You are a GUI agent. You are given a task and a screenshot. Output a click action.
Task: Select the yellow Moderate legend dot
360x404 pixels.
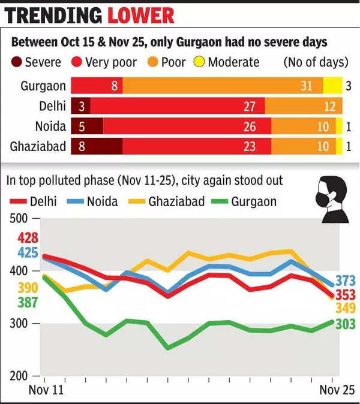199,62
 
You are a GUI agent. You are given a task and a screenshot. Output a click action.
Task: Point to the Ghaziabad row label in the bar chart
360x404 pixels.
37,146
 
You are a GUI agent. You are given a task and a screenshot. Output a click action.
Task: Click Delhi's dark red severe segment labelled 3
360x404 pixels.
80,106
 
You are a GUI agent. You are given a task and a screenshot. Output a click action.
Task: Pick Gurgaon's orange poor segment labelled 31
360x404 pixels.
223,86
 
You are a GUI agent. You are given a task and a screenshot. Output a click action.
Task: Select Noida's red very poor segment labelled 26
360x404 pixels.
187,126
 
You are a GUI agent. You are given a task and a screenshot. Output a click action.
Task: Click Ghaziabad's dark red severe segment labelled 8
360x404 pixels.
97,146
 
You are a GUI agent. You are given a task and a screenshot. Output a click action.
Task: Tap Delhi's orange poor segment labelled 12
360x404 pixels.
303,106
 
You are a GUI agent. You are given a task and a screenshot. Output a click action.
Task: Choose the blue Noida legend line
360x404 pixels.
79,201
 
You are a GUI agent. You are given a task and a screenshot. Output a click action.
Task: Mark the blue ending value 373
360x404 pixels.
346,280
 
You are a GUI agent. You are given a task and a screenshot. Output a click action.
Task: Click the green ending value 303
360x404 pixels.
346,324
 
